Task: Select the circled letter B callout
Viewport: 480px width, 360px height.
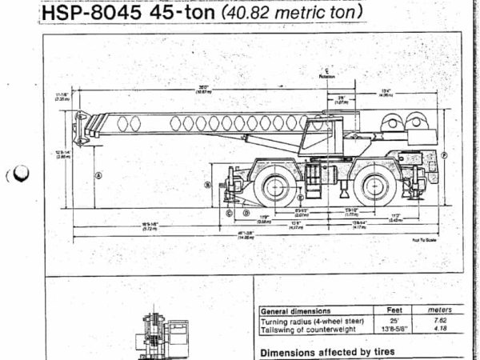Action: [207, 185]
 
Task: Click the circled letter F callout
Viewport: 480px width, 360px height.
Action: [445, 154]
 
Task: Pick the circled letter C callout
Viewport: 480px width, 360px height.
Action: [229, 213]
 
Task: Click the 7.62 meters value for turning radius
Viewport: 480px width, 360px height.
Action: [439, 319]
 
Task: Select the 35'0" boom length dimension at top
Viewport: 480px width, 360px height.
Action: [205, 87]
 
